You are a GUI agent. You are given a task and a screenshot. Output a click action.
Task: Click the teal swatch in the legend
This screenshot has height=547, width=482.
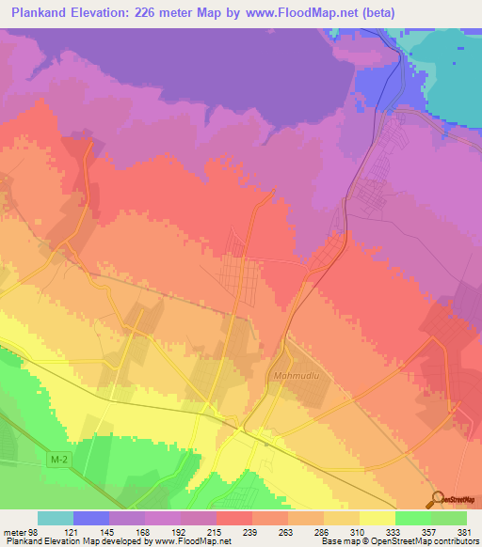(55, 518)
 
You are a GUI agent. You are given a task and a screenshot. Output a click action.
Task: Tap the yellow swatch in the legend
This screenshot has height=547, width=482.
(377, 518)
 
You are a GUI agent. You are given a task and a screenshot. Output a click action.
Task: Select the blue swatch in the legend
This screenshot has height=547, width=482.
(90, 518)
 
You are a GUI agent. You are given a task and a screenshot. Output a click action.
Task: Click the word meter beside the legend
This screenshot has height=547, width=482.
(14, 533)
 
